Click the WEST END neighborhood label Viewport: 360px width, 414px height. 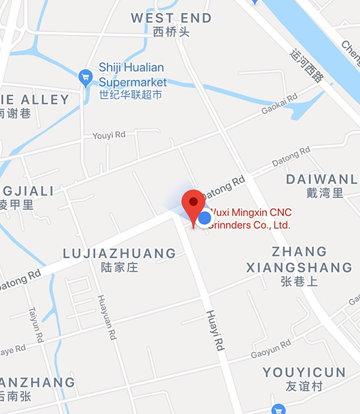172,18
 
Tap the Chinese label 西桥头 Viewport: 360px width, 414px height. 172,32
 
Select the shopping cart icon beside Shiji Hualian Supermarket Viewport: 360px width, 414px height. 85,77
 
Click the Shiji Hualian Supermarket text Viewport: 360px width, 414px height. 131,74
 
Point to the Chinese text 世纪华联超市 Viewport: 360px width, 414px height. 130,95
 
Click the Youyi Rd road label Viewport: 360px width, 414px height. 107,136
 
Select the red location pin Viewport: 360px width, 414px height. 193,207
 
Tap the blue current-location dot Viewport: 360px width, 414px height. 205,218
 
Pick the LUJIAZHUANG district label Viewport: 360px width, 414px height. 119,254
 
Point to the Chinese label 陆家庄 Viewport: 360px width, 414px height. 119,268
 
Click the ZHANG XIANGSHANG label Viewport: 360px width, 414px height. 299,259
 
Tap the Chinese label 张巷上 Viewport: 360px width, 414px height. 299,281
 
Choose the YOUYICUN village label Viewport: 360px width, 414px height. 304,373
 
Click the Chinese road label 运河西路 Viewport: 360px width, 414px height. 307,64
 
